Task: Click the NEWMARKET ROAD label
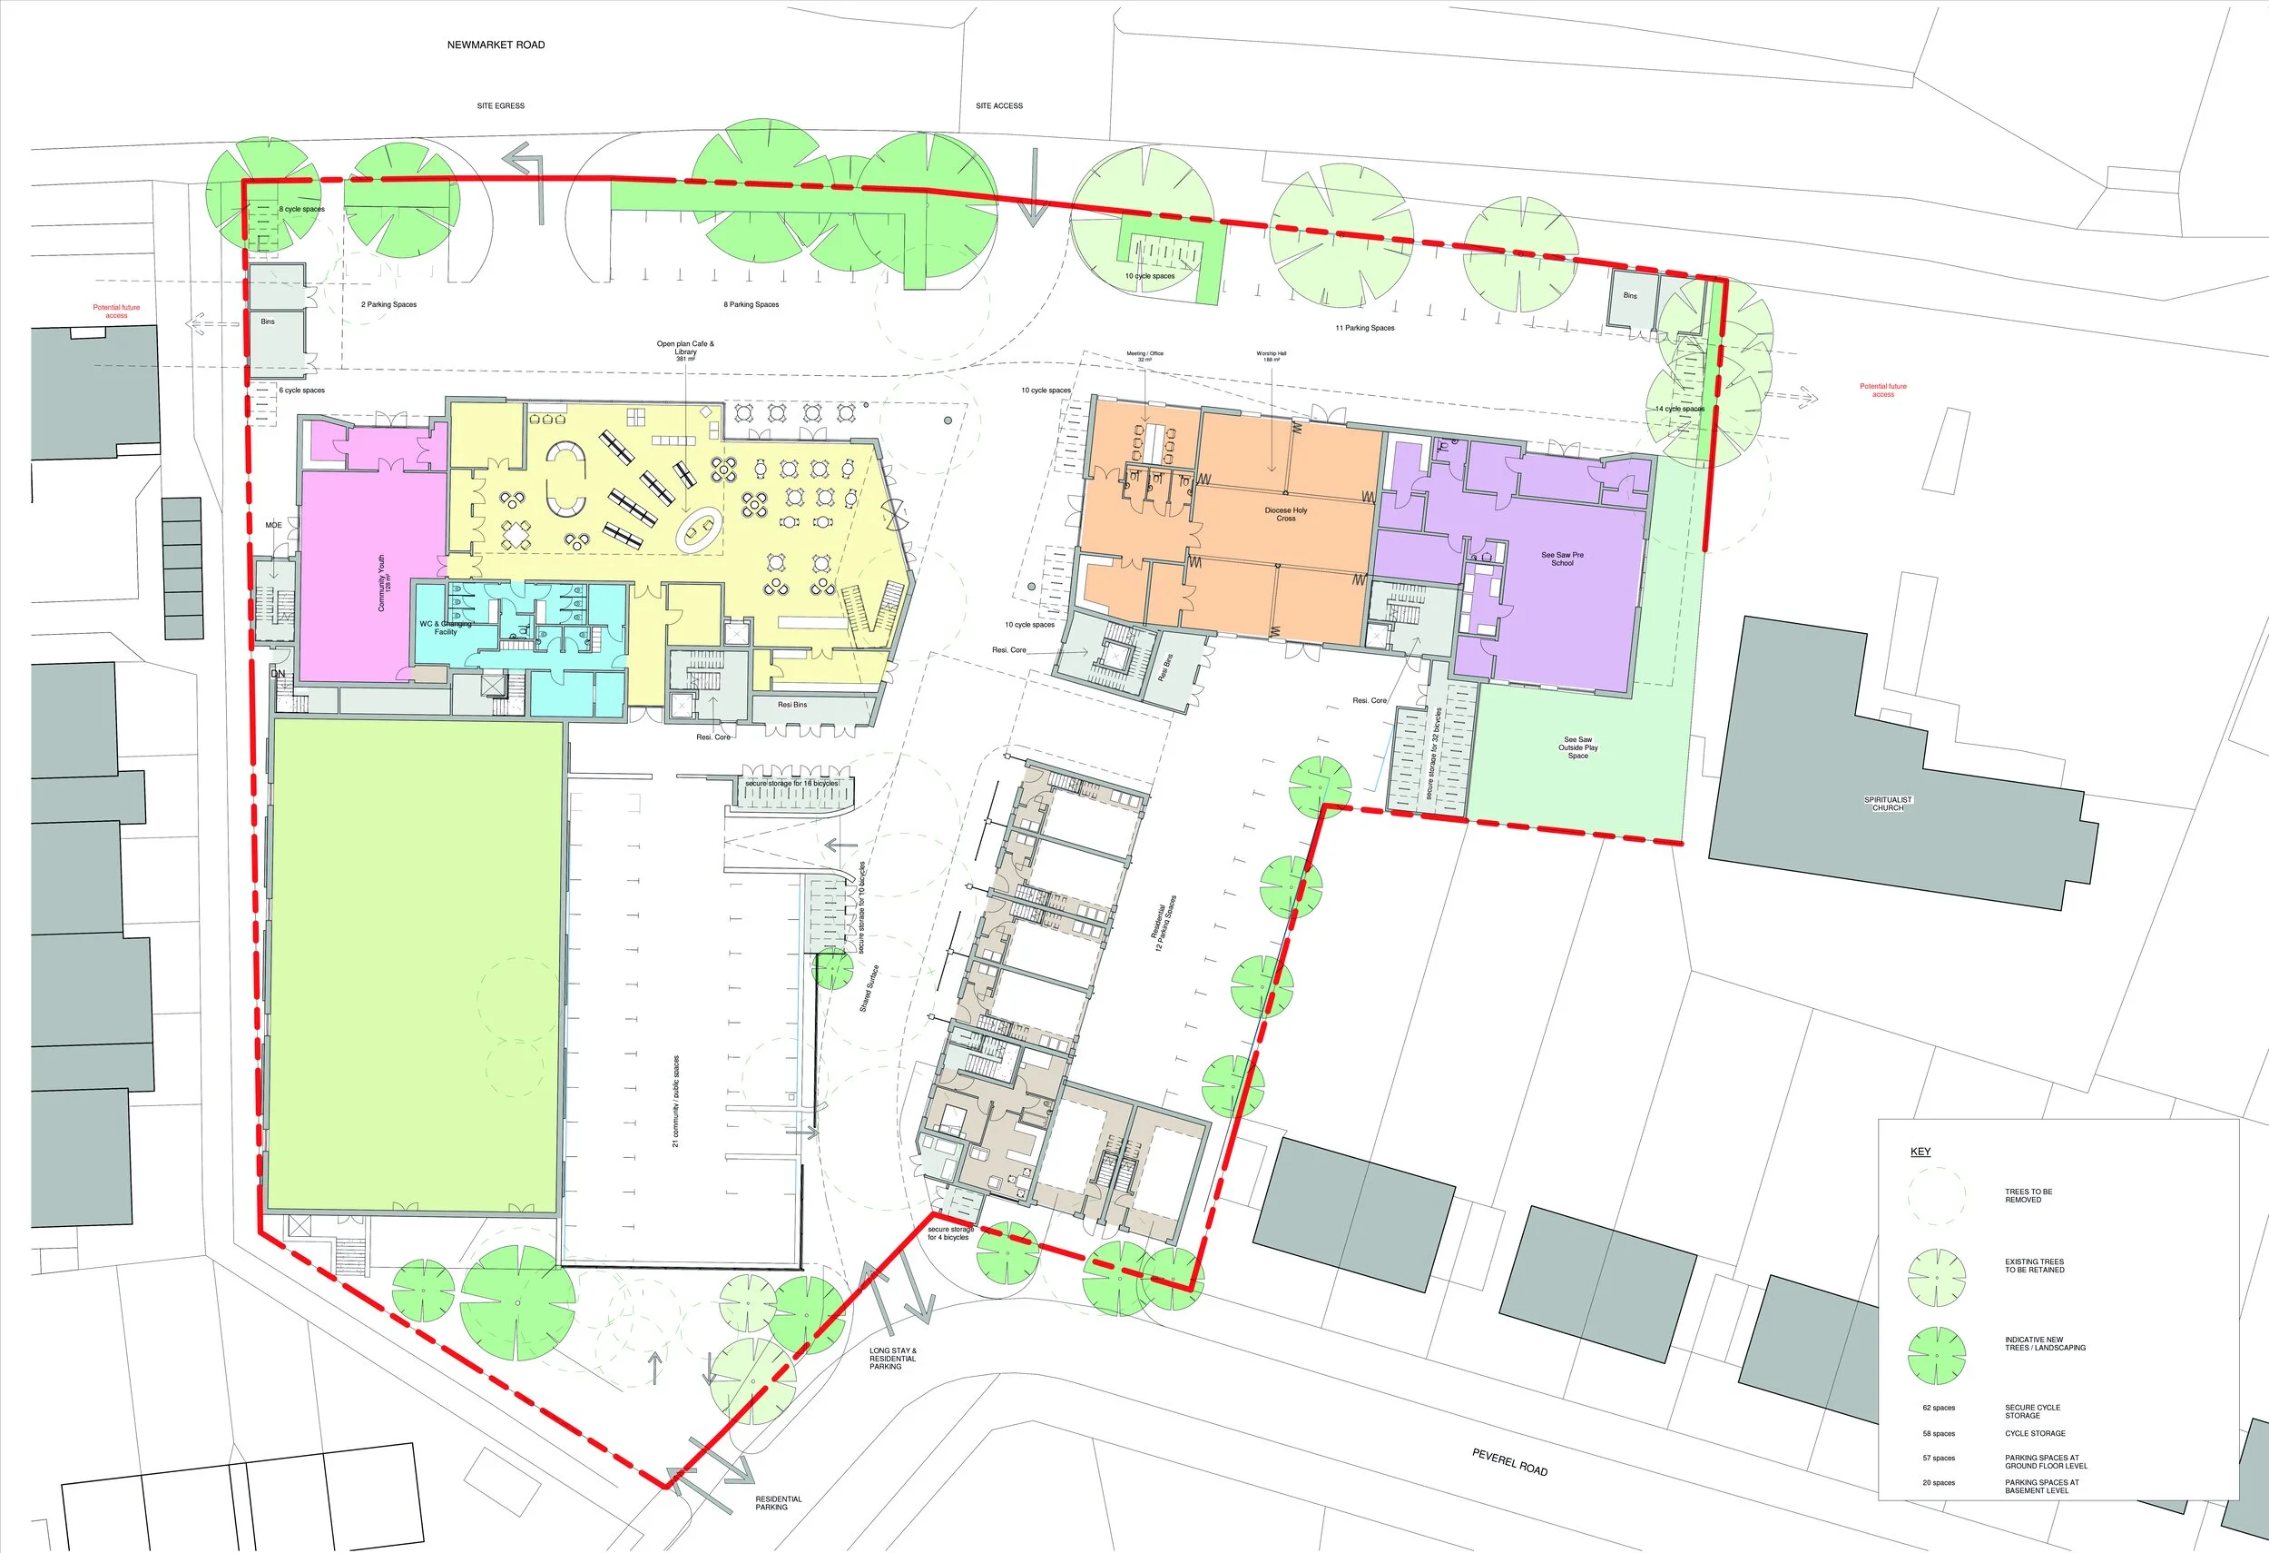496,45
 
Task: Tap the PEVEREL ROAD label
1509,1462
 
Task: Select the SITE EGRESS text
501,105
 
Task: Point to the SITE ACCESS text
998,105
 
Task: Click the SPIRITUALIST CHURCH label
1887,804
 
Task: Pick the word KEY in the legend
1920,1152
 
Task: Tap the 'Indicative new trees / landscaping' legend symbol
1936,1356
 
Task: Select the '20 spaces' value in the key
1938,1483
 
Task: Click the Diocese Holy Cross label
1286,514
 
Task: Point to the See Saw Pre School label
1562,559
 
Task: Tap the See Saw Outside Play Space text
1577,747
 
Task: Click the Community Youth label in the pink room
384,583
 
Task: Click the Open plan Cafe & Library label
685,350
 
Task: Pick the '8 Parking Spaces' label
751,305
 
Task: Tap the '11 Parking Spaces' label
1365,328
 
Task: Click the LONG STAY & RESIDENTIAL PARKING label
892,1359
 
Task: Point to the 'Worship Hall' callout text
1272,357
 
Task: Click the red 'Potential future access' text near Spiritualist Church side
1882,390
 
